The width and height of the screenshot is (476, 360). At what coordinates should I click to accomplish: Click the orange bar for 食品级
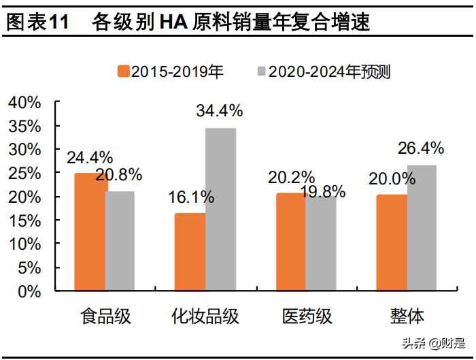click(x=90, y=231)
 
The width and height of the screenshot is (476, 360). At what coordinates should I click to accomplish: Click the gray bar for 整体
click(x=422, y=228)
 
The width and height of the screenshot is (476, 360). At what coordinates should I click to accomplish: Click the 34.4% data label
click(x=219, y=110)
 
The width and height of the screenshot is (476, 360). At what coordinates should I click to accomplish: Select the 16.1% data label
click(x=190, y=197)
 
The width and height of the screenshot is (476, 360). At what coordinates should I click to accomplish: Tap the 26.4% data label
click(x=420, y=148)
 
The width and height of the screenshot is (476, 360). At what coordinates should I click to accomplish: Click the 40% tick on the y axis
click(x=24, y=103)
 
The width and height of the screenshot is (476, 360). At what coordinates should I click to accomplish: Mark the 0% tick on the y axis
click(x=30, y=291)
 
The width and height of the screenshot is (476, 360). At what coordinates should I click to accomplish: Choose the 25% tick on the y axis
click(x=24, y=174)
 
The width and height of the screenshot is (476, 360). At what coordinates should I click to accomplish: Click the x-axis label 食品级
click(x=105, y=316)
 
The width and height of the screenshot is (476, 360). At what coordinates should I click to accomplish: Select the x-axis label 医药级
click(x=307, y=316)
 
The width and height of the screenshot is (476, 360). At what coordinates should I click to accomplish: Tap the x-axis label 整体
click(x=407, y=316)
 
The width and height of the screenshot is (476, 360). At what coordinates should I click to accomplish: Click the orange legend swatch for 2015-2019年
click(x=123, y=71)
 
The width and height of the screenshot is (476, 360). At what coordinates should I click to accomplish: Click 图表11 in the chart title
click(x=37, y=22)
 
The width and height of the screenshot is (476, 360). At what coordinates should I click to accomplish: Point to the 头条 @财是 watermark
click(x=432, y=344)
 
